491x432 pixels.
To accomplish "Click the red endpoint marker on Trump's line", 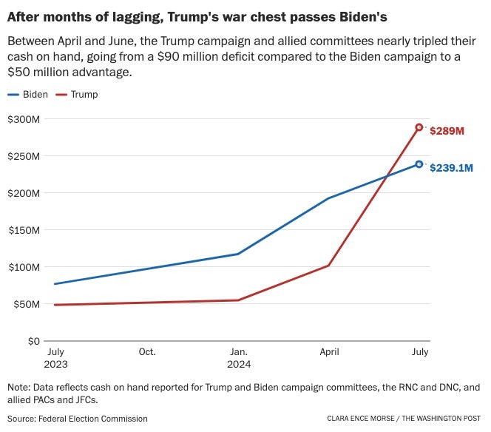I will point(419,127).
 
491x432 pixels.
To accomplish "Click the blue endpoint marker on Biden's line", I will point(419,164).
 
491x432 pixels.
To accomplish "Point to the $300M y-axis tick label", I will point(24,119).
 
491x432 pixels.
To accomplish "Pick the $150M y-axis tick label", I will point(24,230).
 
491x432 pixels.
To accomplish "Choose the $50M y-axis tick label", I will point(26,304).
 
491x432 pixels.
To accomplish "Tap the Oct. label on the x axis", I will point(146,352).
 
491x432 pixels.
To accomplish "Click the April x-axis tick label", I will point(328,352).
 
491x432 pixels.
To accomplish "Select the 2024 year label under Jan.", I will point(239,365).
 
